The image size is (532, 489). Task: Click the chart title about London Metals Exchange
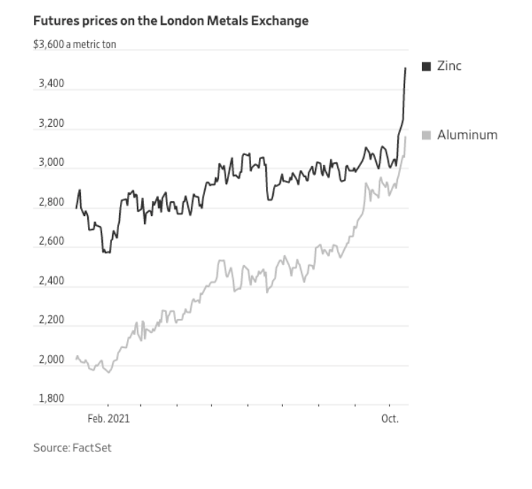click(x=171, y=21)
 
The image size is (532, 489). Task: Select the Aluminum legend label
click(x=467, y=135)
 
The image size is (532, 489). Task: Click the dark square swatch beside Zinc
click(x=426, y=66)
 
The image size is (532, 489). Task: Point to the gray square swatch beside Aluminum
click(x=426, y=135)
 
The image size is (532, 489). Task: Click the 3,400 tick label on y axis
click(x=50, y=84)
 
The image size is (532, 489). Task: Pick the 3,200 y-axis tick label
click(x=50, y=124)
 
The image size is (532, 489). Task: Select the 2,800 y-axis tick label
click(x=50, y=203)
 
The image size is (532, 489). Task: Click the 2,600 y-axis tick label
click(x=50, y=242)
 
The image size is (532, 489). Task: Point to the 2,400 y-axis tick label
click(x=50, y=281)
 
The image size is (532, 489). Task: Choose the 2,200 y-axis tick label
click(x=50, y=320)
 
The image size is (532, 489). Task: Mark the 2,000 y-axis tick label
click(x=50, y=360)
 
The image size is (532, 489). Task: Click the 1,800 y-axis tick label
click(x=50, y=399)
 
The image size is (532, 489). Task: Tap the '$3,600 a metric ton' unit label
click(x=74, y=45)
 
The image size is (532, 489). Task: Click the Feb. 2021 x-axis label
click(x=109, y=418)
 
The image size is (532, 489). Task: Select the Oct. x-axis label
click(x=390, y=418)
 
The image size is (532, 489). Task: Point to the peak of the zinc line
click(x=405, y=68)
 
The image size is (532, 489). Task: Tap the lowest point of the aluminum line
click(x=109, y=372)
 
